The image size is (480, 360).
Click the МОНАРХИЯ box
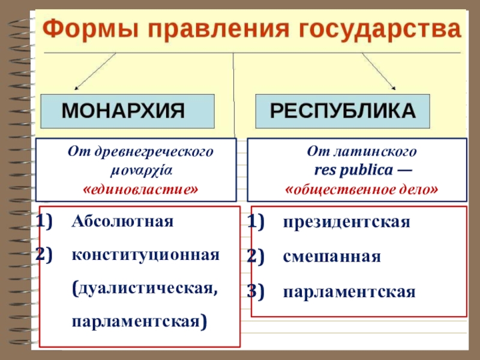[128, 111]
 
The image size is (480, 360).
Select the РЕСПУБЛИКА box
[343, 111]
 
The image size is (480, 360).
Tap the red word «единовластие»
[140, 189]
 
